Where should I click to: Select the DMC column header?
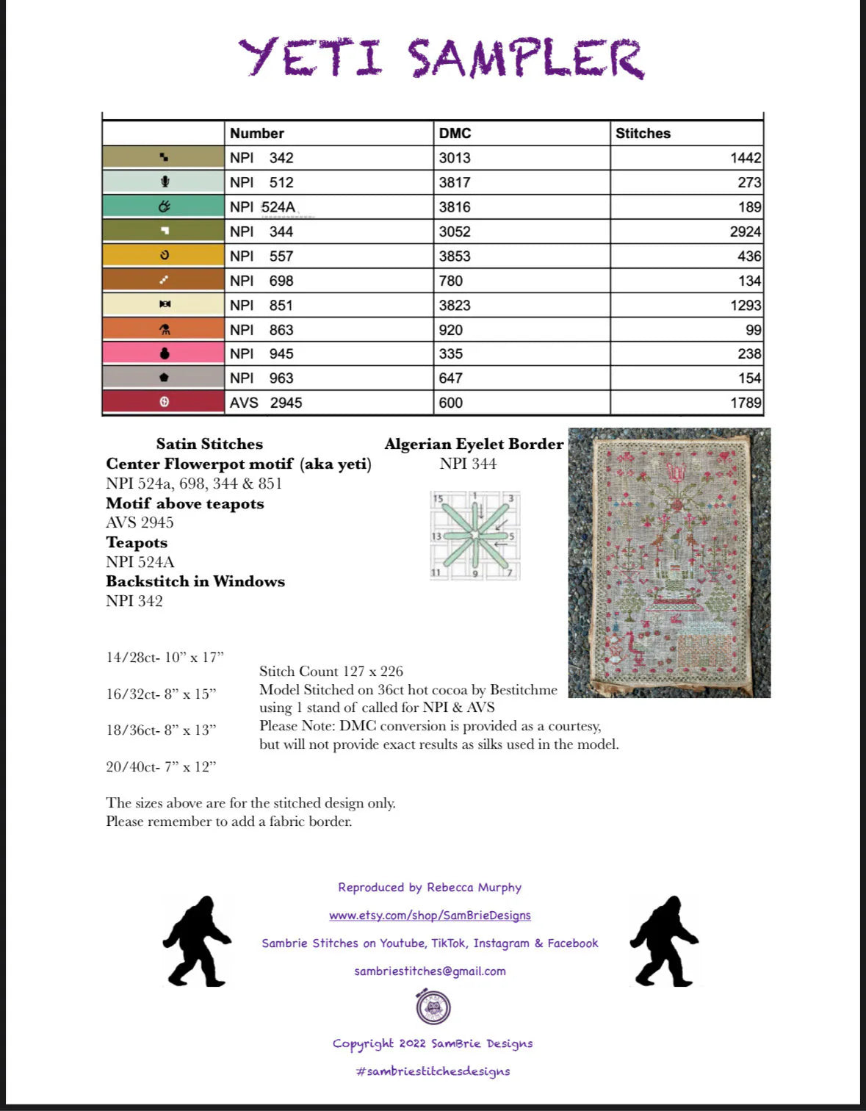tap(455, 133)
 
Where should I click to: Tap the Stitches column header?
tap(643, 133)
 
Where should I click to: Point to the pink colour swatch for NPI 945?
tap(164, 353)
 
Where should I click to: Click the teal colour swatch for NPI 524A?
tap(164, 206)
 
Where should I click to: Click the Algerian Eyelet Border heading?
tap(474, 444)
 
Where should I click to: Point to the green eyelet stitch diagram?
tap(475, 536)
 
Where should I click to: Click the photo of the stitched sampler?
tap(669, 562)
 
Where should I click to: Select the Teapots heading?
tap(137, 542)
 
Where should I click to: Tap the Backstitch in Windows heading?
tap(195, 581)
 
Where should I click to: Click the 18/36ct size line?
tap(161, 730)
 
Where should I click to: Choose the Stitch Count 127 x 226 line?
tap(331, 671)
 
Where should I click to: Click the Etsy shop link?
tap(430, 915)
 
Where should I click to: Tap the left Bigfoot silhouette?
tap(197, 941)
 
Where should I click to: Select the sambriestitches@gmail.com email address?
tap(430, 971)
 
